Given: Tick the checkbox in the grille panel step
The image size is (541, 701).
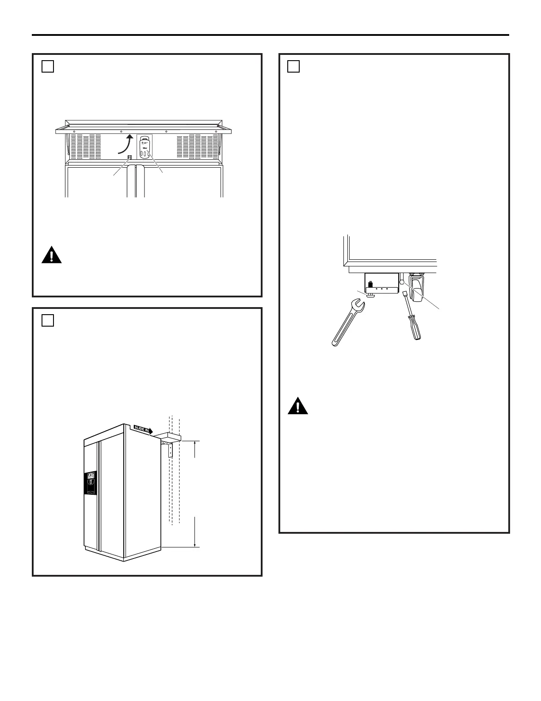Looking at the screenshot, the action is (48, 66).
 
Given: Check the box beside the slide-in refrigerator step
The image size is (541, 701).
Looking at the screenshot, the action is (48, 320).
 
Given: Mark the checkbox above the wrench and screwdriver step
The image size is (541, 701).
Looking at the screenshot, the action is (293, 66).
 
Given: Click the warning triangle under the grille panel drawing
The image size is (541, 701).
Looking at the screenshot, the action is (51, 256).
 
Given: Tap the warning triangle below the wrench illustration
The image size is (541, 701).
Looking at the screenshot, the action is (297, 406).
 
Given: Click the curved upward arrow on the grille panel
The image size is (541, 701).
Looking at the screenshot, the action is (126, 144).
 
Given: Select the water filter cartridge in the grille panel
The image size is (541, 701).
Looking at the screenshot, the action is (145, 147).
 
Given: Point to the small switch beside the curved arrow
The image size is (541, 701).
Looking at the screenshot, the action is (130, 158).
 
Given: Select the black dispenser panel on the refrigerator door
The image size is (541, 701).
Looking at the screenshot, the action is (90, 483).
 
